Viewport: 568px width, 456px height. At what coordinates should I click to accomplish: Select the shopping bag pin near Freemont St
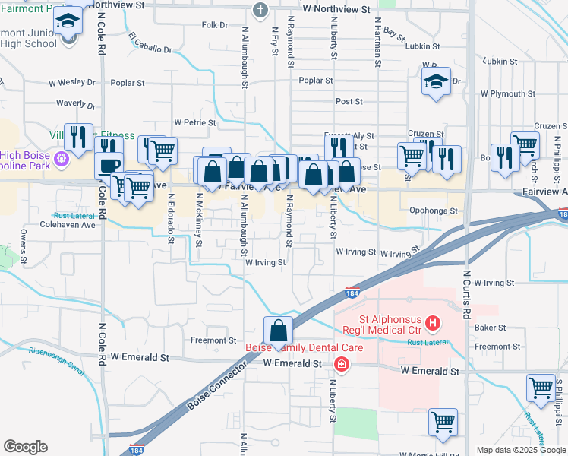tap(279, 331)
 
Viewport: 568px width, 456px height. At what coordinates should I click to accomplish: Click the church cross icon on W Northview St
tap(260, 11)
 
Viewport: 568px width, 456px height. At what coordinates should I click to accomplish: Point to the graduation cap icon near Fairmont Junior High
tap(68, 21)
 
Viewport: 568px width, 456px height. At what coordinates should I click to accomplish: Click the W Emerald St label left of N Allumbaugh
tap(141, 356)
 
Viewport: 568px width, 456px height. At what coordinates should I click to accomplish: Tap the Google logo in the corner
tap(25, 447)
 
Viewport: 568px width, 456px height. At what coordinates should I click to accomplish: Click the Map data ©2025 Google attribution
tap(520, 450)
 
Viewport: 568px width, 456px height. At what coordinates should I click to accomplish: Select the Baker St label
tap(490, 328)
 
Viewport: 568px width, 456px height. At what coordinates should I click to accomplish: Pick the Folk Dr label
tap(215, 25)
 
